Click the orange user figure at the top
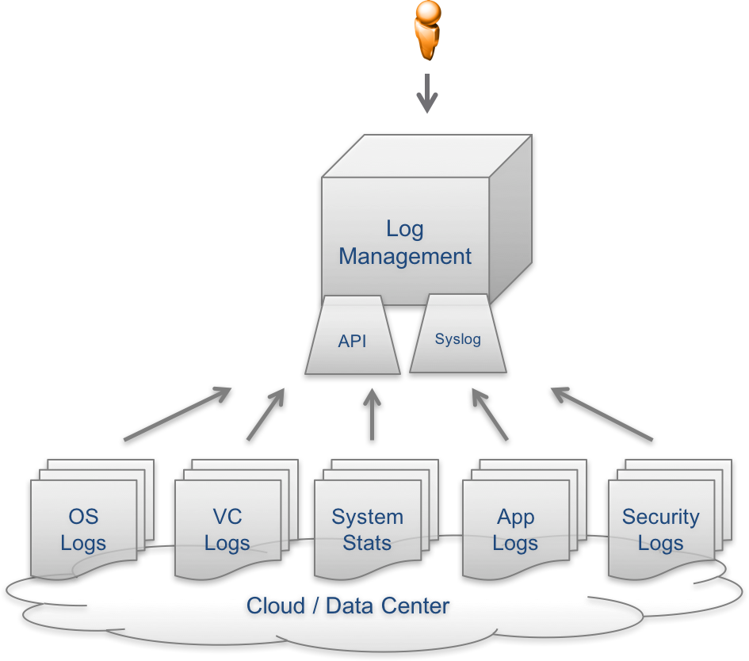click(427, 30)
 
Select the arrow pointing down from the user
click(427, 94)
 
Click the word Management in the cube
click(405, 257)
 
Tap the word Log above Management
click(405, 229)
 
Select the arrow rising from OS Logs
click(178, 414)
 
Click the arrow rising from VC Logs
click(266, 414)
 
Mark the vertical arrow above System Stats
click(372, 414)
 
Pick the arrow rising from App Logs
click(489, 414)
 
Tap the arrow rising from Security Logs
click(602, 414)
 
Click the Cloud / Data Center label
click(349, 607)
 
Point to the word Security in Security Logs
click(660, 517)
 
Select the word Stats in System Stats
click(367, 544)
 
